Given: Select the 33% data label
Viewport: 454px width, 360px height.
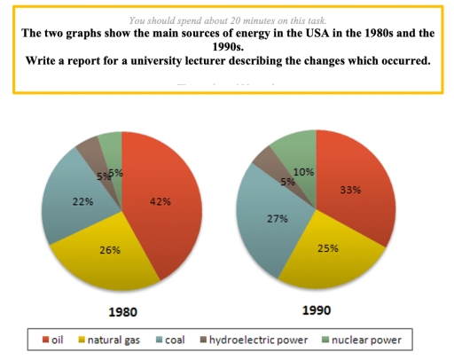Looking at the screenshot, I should click(x=351, y=190).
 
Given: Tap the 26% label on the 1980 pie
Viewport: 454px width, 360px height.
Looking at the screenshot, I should click(x=112, y=251).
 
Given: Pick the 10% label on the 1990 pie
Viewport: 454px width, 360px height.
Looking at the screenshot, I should click(x=305, y=171).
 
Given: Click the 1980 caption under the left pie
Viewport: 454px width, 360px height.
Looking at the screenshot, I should click(x=123, y=312).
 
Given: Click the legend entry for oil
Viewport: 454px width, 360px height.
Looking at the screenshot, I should click(x=54, y=339).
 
